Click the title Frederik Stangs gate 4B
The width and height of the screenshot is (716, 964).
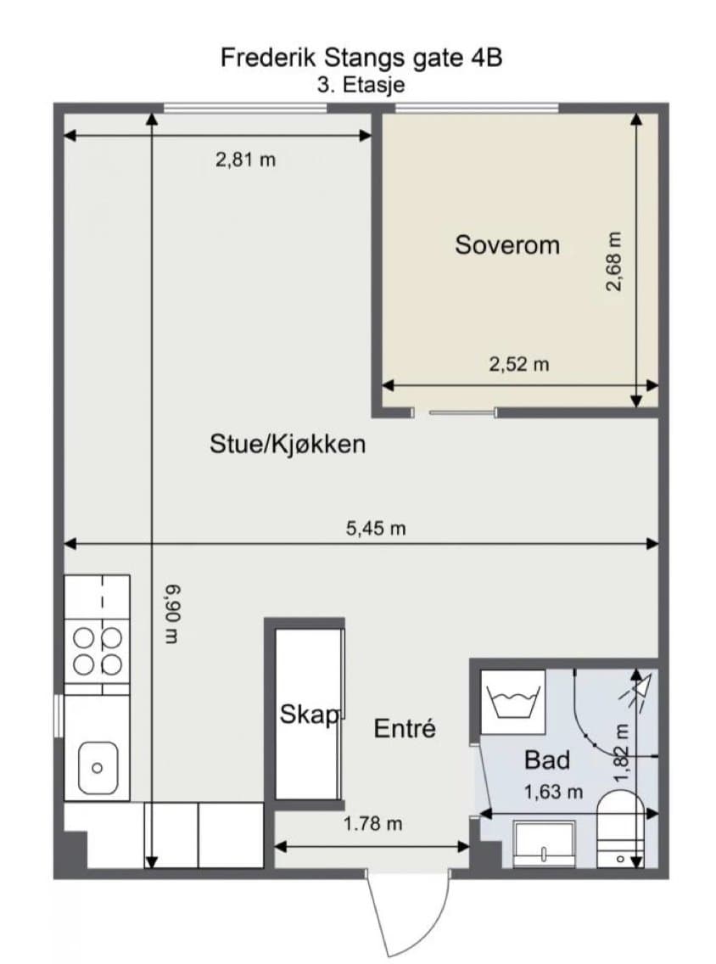point(361,58)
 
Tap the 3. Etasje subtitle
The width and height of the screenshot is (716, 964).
point(361,84)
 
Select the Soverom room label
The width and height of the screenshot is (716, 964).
point(507,244)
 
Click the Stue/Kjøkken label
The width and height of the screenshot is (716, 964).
point(288,443)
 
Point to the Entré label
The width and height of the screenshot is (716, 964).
point(405,729)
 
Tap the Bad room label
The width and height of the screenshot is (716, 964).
point(547,760)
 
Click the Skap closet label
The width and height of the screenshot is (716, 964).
point(309,715)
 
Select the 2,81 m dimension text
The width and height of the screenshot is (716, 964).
point(245,160)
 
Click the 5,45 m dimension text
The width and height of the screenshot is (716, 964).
point(376,528)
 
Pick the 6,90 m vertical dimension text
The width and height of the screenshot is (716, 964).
point(173,614)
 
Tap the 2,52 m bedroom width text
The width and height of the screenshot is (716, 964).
point(518,365)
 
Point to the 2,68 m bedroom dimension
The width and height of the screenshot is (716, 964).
point(614,261)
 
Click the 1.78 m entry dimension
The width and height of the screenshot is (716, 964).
point(372,823)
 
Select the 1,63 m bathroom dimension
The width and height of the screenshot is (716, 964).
point(553,792)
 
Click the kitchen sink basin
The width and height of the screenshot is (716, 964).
point(97,768)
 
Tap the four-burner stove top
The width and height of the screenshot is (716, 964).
point(97,652)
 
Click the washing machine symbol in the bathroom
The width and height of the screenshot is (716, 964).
point(513,702)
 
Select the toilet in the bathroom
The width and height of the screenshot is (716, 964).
point(621,829)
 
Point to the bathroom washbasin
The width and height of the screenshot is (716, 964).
point(544,843)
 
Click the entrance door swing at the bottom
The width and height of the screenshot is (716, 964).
point(406,915)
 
